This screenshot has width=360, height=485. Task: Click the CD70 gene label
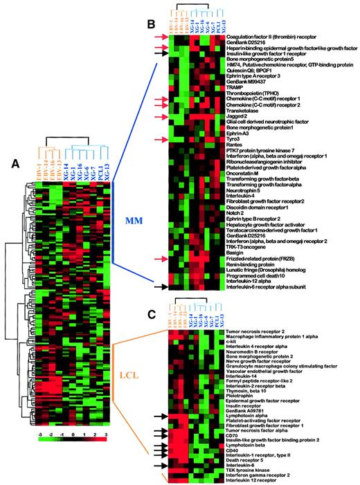233,435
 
